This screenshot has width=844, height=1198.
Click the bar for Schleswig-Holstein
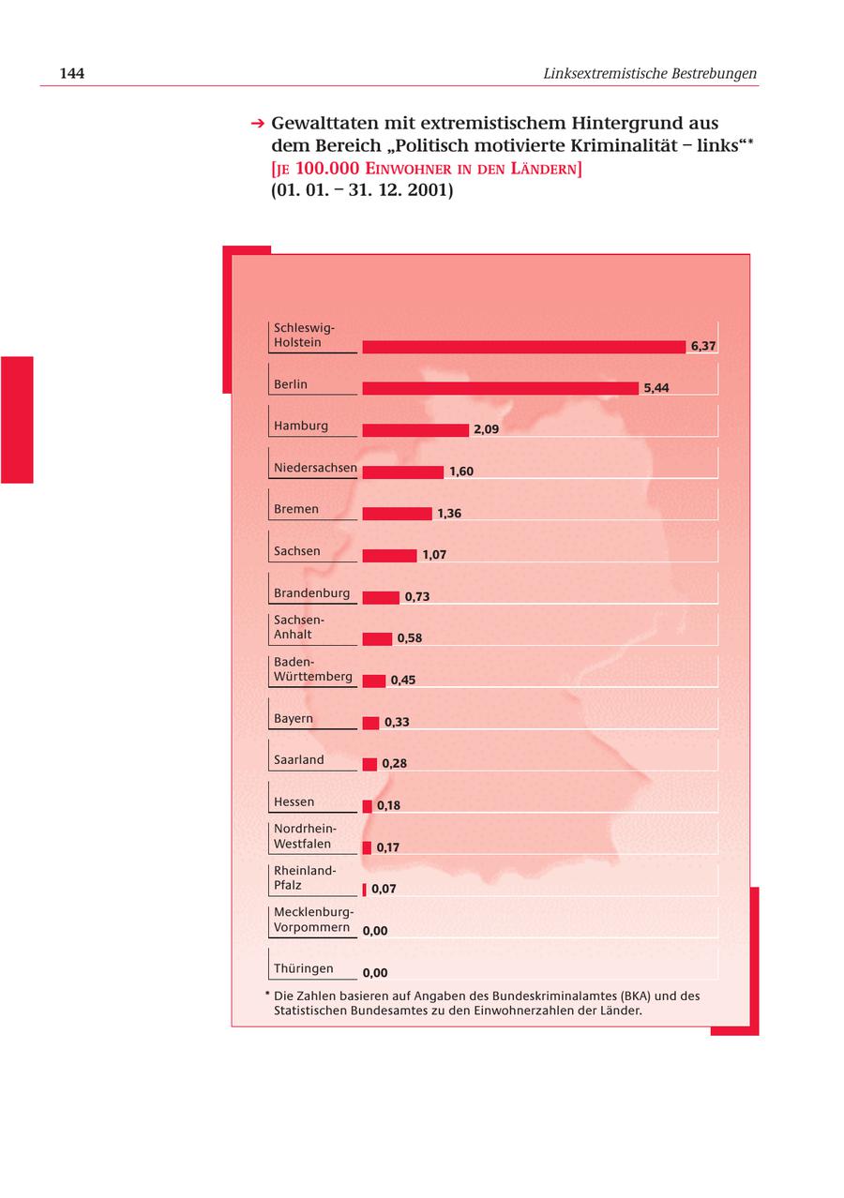tap(523, 347)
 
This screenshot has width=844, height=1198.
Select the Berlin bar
tap(500, 388)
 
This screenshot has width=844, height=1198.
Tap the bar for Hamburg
tap(414, 430)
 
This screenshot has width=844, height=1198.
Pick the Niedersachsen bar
tap(402, 472)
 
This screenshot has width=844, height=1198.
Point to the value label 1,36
tap(449, 514)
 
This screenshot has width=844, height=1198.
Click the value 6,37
tap(703, 346)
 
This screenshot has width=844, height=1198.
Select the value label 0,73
tap(417, 597)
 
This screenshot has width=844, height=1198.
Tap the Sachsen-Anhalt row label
tap(298, 627)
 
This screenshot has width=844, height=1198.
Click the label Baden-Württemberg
tap(312, 669)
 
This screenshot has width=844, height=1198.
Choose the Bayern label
tap(294, 719)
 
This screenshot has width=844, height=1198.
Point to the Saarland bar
tap(369, 764)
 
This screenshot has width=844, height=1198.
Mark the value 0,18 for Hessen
tap(388, 806)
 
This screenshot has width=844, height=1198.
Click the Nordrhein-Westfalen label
tap(304, 836)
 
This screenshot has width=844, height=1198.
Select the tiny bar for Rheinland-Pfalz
tap(365, 890)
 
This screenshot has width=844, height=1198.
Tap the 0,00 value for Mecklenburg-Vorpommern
tap(375, 931)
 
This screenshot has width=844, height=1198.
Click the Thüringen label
tap(303, 968)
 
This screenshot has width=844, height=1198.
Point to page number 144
tap(72, 73)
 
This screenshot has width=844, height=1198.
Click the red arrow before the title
tap(257, 124)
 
